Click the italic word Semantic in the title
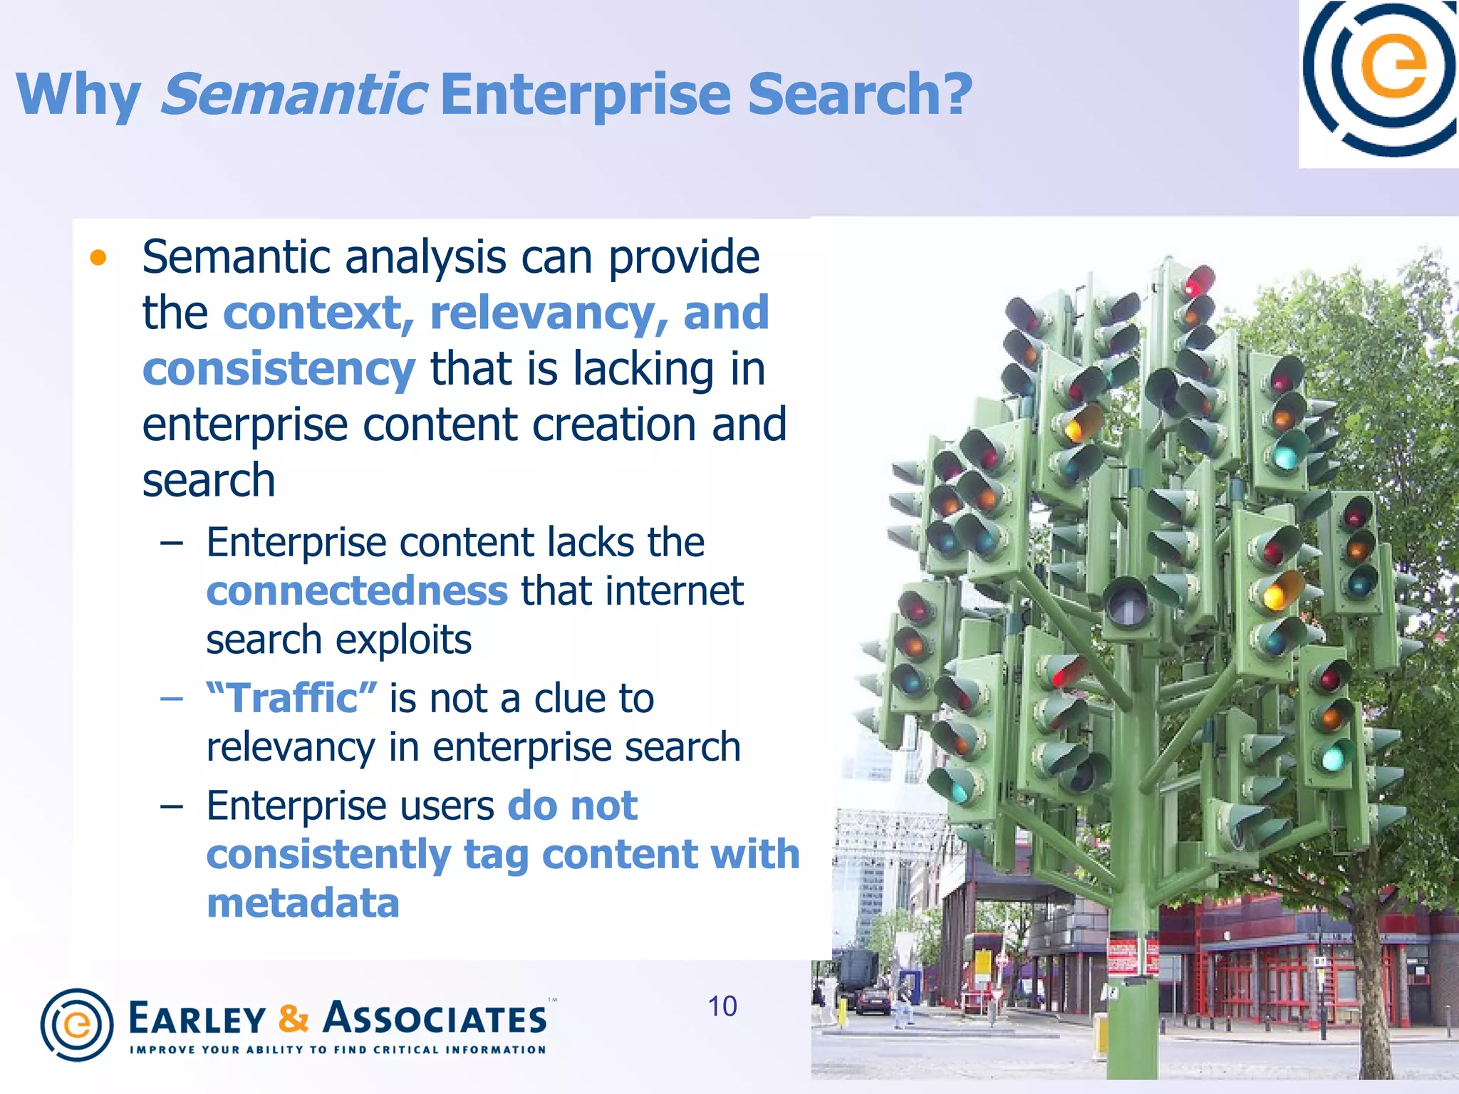294,94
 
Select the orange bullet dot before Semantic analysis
98,258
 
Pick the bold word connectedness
357,591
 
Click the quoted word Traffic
291,698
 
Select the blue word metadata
303,903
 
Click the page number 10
722,1006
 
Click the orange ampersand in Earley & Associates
294,1019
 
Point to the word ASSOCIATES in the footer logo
435,1019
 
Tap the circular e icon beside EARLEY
76,1024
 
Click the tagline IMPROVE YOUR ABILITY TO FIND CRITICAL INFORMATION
338,1050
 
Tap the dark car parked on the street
872,1001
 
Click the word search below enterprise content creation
208,481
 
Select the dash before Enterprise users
172,806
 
